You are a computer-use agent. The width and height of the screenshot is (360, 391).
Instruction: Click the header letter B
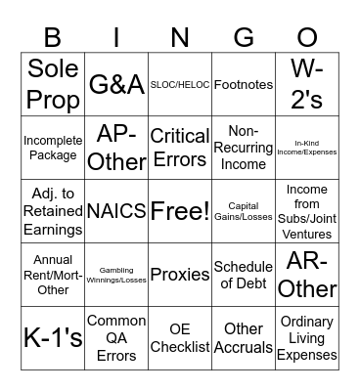(x=53, y=38)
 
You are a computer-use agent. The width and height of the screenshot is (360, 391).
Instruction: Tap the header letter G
(x=243, y=38)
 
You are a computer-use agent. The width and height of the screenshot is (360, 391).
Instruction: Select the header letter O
(x=306, y=38)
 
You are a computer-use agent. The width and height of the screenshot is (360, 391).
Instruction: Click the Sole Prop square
(x=53, y=85)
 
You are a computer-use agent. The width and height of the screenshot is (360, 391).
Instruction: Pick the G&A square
(x=116, y=85)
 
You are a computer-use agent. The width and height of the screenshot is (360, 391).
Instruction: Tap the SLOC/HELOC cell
(x=180, y=85)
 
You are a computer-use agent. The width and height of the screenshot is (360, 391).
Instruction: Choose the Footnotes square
(x=243, y=85)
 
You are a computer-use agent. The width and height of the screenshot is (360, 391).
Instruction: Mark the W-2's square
(x=306, y=85)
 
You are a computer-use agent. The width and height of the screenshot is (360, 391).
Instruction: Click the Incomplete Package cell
(x=53, y=148)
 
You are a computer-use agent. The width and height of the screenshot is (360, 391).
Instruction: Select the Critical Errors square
(x=180, y=148)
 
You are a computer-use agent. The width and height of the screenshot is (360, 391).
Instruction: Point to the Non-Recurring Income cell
(x=243, y=148)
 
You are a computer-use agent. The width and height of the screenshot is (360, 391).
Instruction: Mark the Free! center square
(x=180, y=211)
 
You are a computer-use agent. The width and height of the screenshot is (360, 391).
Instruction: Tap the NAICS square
(x=116, y=211)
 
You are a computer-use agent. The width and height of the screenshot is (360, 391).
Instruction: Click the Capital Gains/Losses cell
(x=243, y=211)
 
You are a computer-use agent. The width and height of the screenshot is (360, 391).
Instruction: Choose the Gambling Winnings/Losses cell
(x=116, y=275)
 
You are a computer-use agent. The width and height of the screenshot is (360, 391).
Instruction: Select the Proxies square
(x=180, y=275)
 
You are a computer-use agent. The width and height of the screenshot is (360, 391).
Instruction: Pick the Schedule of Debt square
(x=243, y=275)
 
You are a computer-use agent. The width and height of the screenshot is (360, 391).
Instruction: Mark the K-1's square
(x=53, y=337)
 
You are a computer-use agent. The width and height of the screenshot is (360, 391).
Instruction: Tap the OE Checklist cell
(x=180, y=337)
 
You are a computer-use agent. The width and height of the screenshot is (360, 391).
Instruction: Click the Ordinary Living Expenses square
(x=306, y=337)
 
